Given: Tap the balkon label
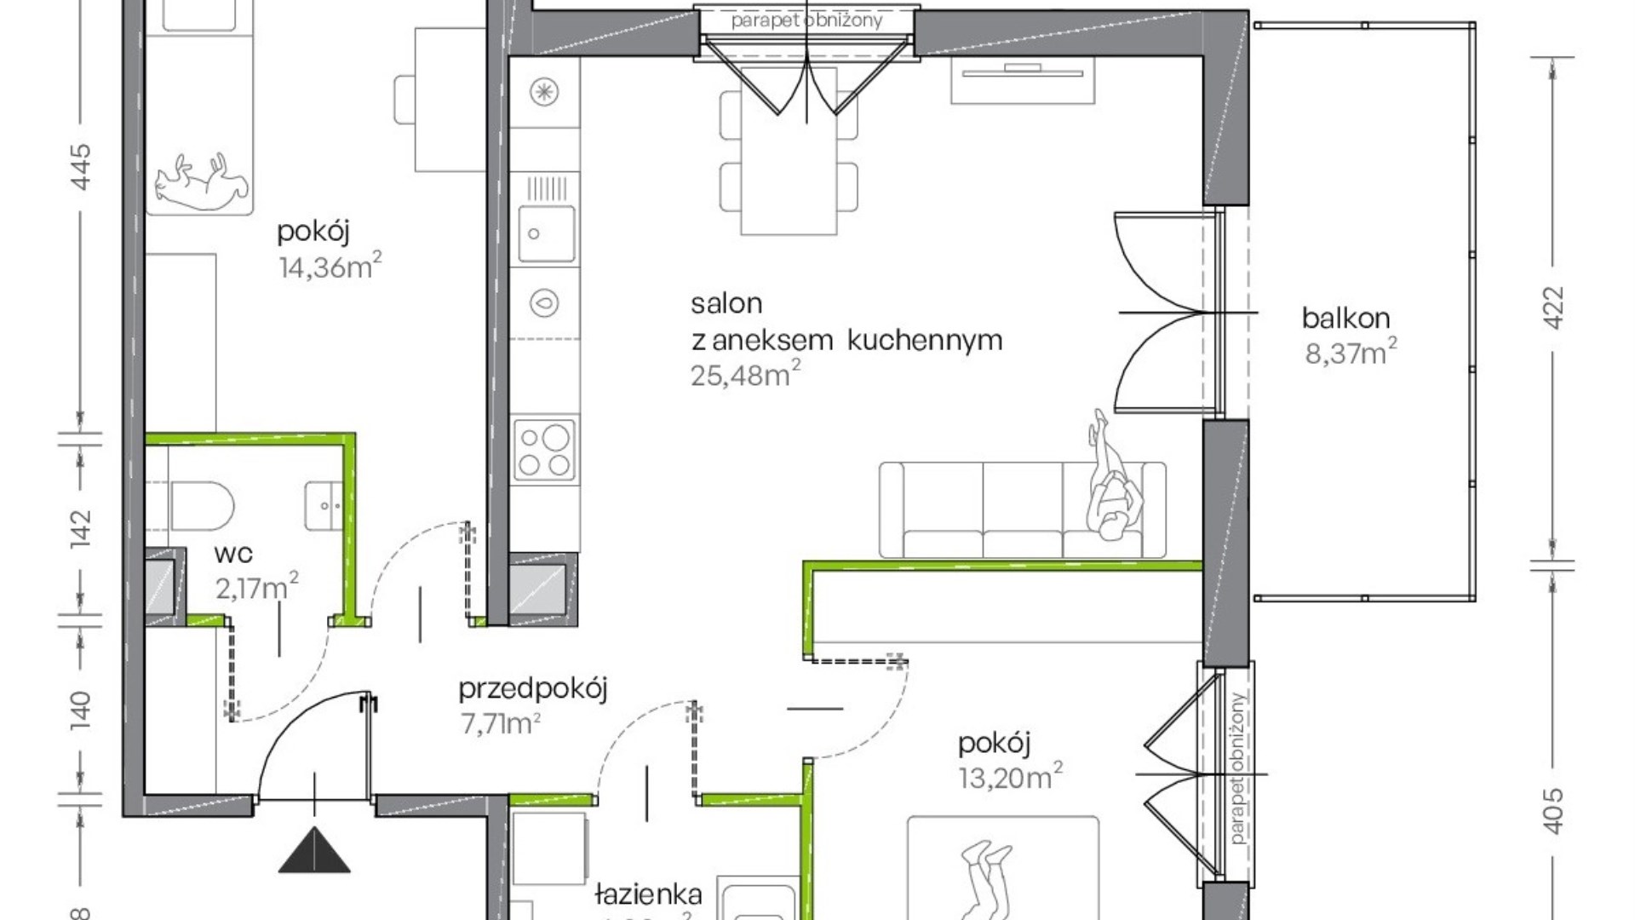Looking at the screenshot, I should [x=1345, y=319].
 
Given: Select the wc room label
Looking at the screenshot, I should [x=233, y=554].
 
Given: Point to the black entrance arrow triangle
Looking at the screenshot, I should [x=314, y=852].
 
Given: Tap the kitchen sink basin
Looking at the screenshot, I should [x=546, y=233].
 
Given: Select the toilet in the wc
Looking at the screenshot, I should [x=201, y=505].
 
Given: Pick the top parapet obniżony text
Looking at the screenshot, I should [x=806, y=20].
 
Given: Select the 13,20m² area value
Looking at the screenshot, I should [x=1010, y=778].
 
